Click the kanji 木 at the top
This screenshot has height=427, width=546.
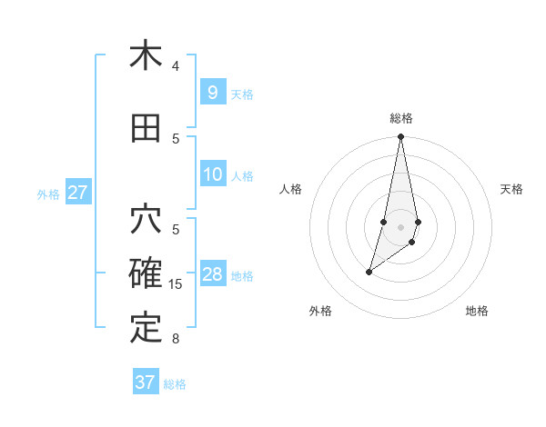coord(146,55)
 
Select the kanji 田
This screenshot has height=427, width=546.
coord(146,128)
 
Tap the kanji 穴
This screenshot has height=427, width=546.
coord(146,221)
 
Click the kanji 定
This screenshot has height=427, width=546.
coord(146,327)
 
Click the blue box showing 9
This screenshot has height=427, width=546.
coord(212,93)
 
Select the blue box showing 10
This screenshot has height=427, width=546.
coord(213,174)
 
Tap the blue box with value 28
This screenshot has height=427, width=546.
coord(213,274)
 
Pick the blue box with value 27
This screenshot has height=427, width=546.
coord(77,193)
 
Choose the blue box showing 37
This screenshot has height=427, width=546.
coord(146,382)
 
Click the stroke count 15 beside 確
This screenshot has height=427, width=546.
coord(176,284)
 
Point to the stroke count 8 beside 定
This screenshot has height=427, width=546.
coord(176,339)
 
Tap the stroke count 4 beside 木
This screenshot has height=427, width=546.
coord(176,66)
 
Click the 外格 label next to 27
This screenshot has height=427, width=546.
coord(48,194)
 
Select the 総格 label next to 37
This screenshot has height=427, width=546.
coord(175,383)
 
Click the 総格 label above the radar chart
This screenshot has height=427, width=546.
coord(400,118)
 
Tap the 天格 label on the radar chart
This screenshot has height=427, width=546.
coord(511,189)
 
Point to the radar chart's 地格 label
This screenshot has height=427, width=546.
coord(477,311)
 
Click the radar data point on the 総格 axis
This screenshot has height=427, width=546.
coord(400,136)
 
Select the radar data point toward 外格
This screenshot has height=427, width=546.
coord(369,272)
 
